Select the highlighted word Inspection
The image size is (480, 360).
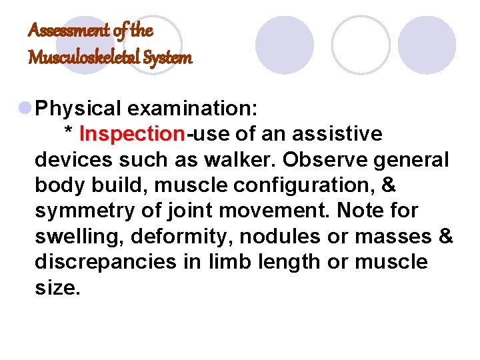coord(133,135)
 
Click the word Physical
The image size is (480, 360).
coord(78,109)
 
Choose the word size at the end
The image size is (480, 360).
coord(55,287)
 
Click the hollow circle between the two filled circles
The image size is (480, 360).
coord(361,45)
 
